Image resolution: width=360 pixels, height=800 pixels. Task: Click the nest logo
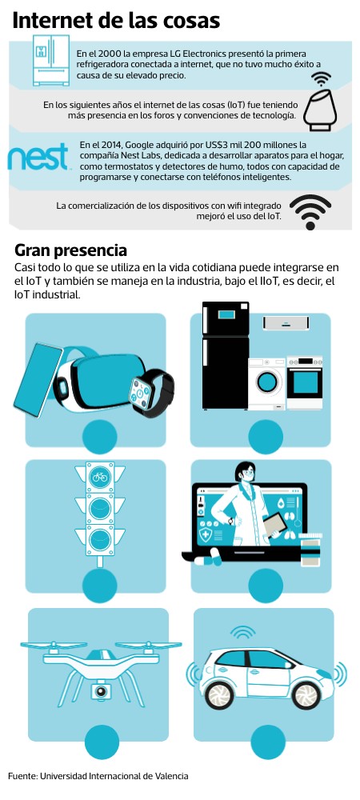[38, 157]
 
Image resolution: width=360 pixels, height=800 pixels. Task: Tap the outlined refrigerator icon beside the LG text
[51, 60]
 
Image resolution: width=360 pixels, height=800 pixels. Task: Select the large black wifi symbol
[310, 211]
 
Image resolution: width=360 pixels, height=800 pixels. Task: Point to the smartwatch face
[139, 392]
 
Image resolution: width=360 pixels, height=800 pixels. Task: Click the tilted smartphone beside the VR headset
[38, 379]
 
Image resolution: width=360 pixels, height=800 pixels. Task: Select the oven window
[305, 382]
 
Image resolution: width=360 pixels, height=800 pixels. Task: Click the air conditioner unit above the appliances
[286, 323]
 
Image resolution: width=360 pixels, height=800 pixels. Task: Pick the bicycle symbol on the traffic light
[99, 478]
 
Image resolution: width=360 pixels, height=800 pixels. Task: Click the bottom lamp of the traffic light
[99, 540]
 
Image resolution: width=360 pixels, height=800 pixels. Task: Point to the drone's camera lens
[102, 691]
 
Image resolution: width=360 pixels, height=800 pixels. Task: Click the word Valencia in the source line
[170, 776]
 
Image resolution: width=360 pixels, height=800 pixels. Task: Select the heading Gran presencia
[70, 250]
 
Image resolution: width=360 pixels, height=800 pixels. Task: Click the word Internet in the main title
[52, 21]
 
